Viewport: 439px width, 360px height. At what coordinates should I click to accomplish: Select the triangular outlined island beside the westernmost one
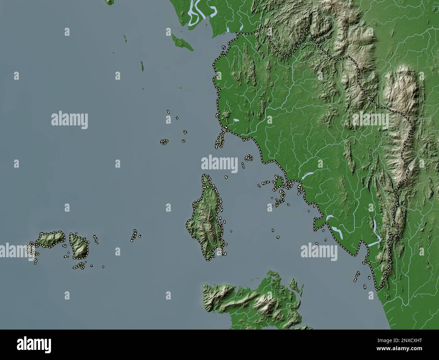(x=79, y=245)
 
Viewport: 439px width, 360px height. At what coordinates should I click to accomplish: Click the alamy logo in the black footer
(x=34, y=344)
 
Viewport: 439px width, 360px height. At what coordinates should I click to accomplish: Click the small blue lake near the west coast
(x=236, y=120)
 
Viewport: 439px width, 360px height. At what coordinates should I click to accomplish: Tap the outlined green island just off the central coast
(x=279, y=182)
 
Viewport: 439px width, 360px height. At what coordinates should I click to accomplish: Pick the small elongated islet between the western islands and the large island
(x=134, y=235)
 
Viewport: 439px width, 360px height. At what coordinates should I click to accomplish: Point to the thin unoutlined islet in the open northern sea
(x=142, y=66)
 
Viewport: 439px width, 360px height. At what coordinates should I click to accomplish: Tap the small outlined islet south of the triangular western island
(x=80, y=266)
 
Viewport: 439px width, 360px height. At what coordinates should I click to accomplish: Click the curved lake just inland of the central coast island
(x=307, y=176)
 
